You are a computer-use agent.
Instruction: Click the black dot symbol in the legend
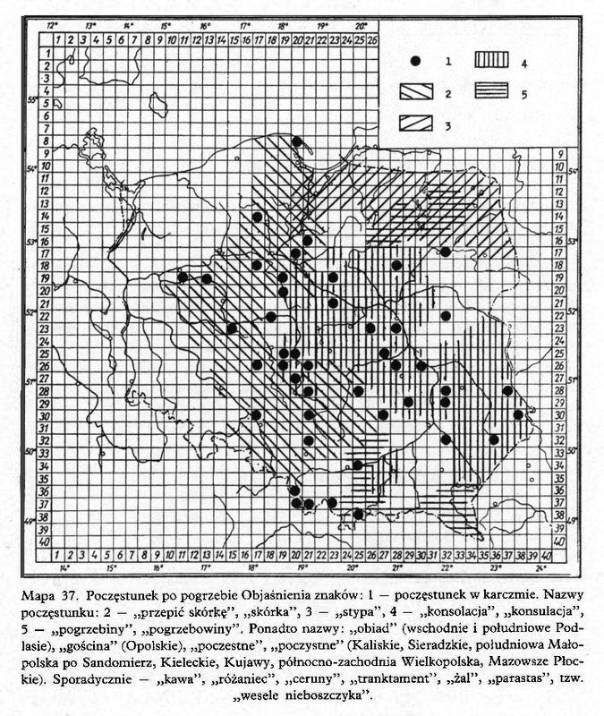pos(415,62)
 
